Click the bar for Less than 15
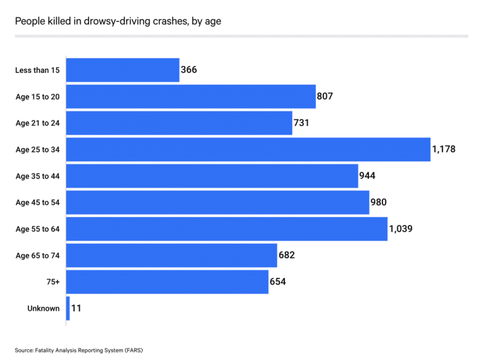(x=122, y=70)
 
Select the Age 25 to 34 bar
(x=248, y=150)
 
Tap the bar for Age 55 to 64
(x=226, y=229)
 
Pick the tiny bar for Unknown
(x=67, y=308)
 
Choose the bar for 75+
(x=167, y=282)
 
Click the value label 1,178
(x=444, y=150)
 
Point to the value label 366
(x=189, y=70)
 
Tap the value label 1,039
(x=400, y=229)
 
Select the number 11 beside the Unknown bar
(x=77, y=308)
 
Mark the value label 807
(x=326, y=96)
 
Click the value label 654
(x=278, y=282)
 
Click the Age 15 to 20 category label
(x=38, y=96)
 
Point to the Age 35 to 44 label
(x=38, y=176)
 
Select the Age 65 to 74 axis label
(x=38, y=255)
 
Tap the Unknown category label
(x=44, y=309)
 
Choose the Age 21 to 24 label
(x=38, y=123)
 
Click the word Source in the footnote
(x=24, y=350)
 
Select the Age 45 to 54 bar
(x=217, y=202)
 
